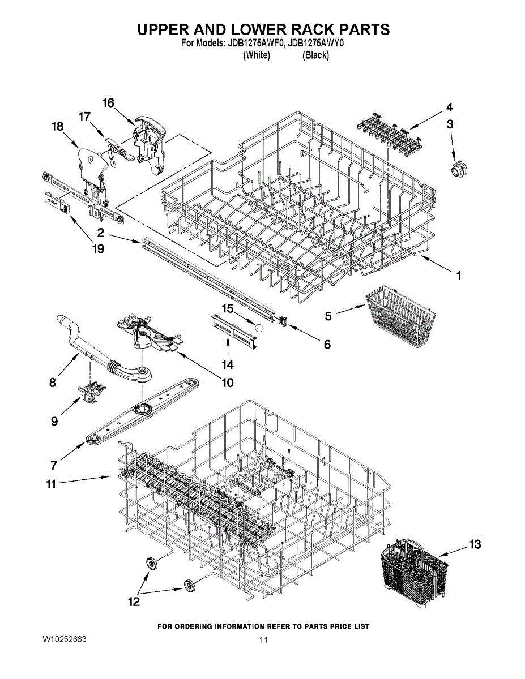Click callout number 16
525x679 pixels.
coord(108,103)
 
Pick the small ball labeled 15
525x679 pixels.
coord(259,327)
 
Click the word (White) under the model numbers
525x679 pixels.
coord(256,55)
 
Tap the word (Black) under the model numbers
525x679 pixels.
coord(315,55)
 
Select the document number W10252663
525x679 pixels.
coord(64,639)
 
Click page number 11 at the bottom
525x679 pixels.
coord(263,640)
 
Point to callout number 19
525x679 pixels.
coord(99,248)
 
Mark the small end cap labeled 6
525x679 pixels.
coord(283,321)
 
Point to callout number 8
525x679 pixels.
coord(53,382)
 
